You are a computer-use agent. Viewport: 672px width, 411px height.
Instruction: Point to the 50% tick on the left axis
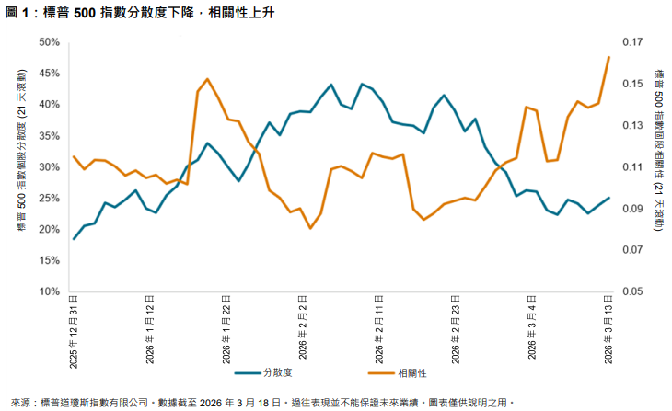pos(49,42)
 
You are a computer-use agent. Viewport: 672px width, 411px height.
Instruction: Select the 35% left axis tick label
pos(49,136)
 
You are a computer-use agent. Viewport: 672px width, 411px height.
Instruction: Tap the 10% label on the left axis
pos(49,292)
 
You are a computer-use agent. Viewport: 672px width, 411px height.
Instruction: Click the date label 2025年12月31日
pos(74,328)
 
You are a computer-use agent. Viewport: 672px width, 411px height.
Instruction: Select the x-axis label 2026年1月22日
pos(226,328)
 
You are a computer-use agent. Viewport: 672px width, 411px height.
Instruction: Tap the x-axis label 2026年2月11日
pos(379,328)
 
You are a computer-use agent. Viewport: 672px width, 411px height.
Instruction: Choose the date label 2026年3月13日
pos(608,328)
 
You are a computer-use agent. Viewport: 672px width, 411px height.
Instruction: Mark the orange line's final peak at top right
pos(608,57)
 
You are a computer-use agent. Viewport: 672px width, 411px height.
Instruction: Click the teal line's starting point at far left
pos(75,239)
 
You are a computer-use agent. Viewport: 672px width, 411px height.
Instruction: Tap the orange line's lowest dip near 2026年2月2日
pos(310,228)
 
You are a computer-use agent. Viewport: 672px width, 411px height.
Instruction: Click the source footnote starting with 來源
pos(258,402)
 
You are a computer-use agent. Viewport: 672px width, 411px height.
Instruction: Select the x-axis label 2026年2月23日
pos(456,328)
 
